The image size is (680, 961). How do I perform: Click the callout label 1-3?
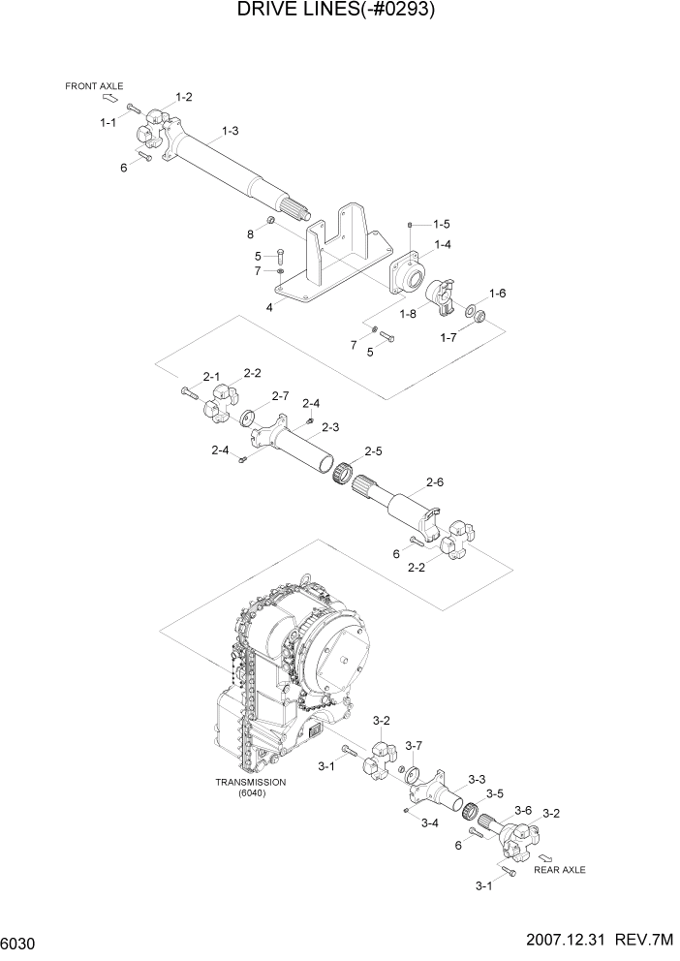click(231, 130)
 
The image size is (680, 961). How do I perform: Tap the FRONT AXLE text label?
click(94, 86)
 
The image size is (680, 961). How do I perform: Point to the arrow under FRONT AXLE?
click(110, 98)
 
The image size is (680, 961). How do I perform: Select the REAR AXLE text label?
click(560, 870)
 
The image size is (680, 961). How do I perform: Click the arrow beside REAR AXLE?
click(546, 856)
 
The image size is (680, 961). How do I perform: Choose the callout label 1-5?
click(442, 224)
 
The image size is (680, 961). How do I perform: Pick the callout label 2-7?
click(281, 395)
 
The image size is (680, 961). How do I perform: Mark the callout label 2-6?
click(434, 481)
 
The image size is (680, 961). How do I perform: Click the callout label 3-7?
click(414, 745)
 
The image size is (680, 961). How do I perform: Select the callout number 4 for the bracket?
click(269, 307)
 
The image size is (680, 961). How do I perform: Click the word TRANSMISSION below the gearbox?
click(251, 782)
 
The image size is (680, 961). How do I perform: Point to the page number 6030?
click(19, 944)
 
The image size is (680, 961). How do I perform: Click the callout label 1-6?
click(498, 293)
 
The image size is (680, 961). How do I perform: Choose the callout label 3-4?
click(429, 822)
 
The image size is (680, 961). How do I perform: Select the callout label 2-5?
click(373, 451)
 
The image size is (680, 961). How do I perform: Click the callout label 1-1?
click(108, 122)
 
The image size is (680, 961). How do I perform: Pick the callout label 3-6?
click(523, 810)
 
